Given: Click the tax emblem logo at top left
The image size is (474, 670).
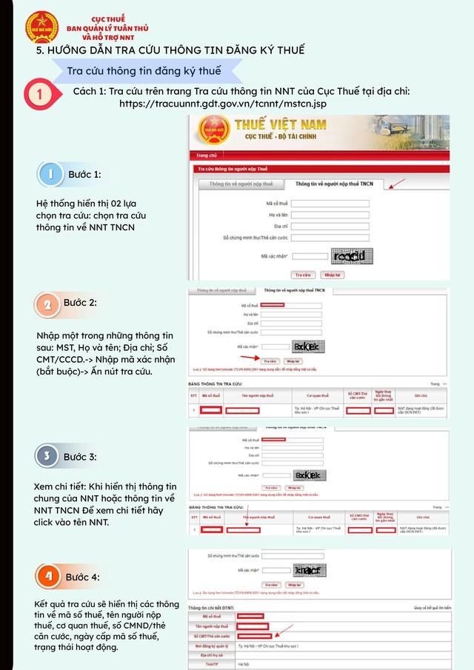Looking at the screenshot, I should [x=41, y=24].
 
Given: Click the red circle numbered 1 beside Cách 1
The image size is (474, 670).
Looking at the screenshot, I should [x=39, y=95].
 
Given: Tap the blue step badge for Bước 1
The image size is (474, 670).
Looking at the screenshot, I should [x=50, y=174].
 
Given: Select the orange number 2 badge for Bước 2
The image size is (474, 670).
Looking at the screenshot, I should [x=47, y=304].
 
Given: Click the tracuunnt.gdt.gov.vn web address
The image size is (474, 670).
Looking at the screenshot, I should [x=223, y=104].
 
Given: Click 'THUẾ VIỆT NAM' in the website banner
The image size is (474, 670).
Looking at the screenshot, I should [x=291, y=124].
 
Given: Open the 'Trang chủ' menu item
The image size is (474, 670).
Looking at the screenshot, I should [x=207, y=155].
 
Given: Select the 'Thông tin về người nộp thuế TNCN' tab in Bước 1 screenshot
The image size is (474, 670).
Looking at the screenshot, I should [x=335, y=184].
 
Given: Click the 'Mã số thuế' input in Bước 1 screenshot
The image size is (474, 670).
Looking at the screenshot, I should [x=330, y=203].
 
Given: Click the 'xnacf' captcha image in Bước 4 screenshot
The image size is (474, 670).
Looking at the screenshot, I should [x=307, y=571].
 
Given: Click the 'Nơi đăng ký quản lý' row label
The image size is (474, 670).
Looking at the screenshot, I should [x=212, y=646].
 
